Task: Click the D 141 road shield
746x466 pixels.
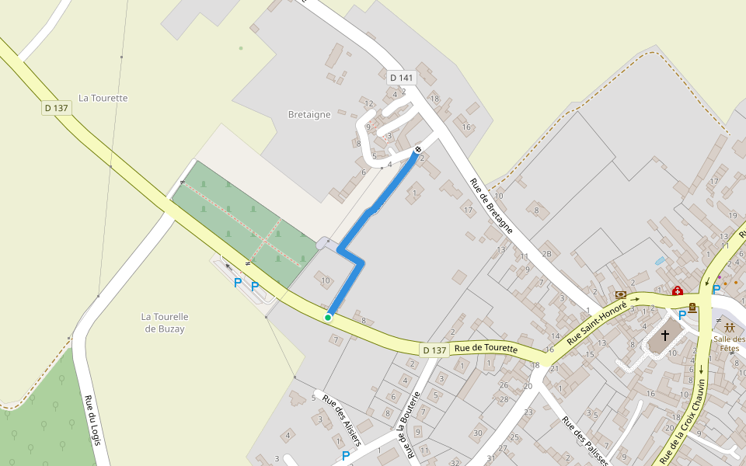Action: (x=402, y=78)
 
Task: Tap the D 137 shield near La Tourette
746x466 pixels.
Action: (x=57, y=108)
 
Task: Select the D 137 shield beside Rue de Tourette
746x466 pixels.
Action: (x=434, y=350)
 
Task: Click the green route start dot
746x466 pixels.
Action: (x=328, y=317)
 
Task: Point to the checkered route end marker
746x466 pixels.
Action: (x=418, y=149)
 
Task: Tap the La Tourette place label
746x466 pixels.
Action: (x=103, y=98)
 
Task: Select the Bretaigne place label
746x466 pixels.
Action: (x=309, y=114)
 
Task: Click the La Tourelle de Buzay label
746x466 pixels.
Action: (x=166, y=322)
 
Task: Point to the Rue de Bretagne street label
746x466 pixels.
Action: (x=491, y=206)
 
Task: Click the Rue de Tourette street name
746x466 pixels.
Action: (x=486, y=349)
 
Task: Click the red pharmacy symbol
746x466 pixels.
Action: (x=677, y=291)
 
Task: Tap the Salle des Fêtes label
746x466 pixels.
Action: (x=729, y=343)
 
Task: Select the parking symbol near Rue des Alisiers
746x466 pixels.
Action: (x=346, y=455)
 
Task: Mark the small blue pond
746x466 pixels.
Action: (x=661, y=261)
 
